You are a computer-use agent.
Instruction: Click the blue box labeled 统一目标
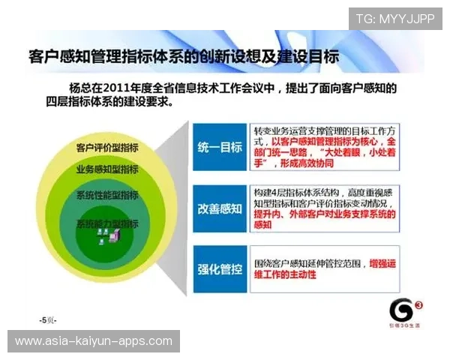click(x=220, y=147)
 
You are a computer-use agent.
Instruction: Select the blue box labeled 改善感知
click(x=220, y=207)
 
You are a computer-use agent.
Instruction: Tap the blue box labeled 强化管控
click(x=220, y=268)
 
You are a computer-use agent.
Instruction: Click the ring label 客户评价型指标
click(x=107, y=146)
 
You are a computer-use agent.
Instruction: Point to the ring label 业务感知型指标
click(x=107, y=169)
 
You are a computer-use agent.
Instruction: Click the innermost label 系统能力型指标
click(x=107, y=223)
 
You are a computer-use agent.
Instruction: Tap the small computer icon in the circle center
click(x=105, y=238)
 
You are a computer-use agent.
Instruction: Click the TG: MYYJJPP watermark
click(x=395, y=19)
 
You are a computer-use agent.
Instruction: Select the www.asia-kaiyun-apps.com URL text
click(x=94, y=341)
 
